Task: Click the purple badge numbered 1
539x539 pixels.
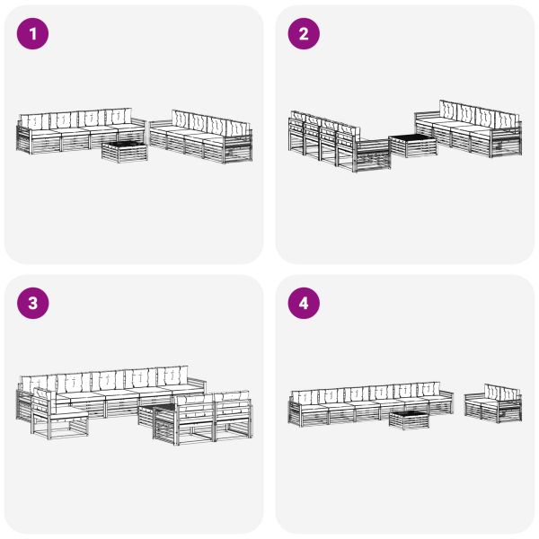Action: [x=33, y=34]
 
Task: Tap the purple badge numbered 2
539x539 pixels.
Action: [x=304, y=34]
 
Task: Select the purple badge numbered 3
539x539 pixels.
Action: [x=33, y=304]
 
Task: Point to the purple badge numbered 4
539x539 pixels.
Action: [x=304, y=304]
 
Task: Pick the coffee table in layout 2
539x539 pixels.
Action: [x=412, y=146]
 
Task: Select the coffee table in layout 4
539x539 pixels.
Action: [x=409, y=419]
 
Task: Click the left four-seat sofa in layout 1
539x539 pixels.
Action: [x=76, y=133]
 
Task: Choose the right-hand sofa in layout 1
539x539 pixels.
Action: [x=202, y=137]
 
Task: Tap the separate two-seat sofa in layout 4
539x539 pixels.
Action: [x=493, y=405]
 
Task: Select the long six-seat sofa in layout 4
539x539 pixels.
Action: [x=368, y=404]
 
